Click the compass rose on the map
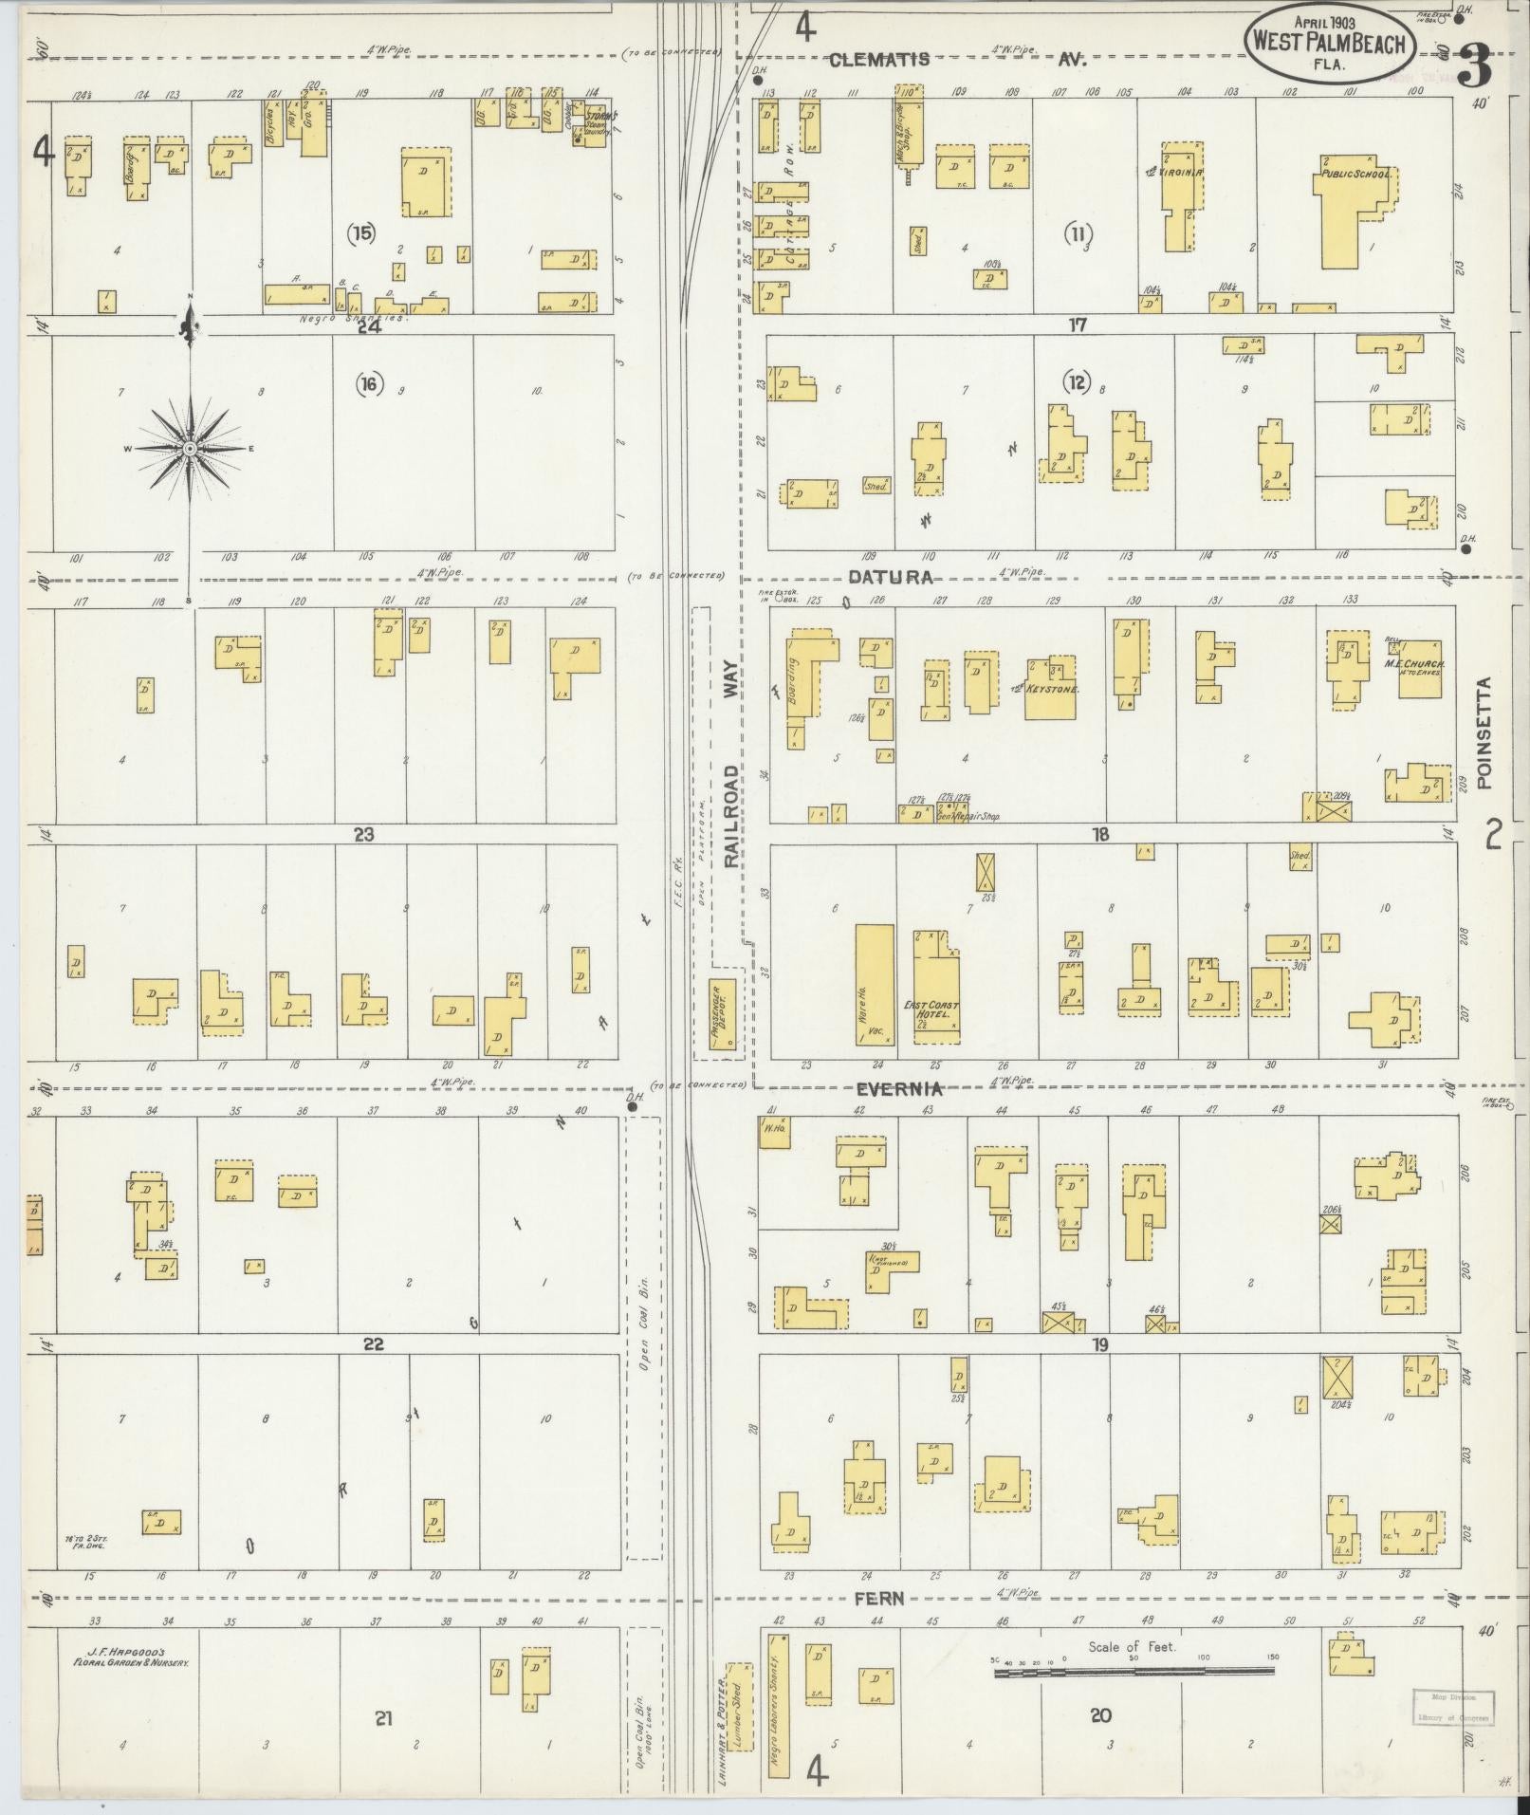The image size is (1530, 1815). pyautogui.click(x=190, y=447)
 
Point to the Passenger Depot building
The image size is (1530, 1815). pyautogui.click(x=726, y=1018)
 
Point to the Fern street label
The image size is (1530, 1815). pyautogui.click(x=877, y=1598)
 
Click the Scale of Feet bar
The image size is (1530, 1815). pyautogui.click(x=1135, y=1674)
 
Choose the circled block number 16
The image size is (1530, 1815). pyautogui.click(x=369, y=384)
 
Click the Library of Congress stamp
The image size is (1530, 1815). pyautogui.click(x=1453, y=1706)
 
